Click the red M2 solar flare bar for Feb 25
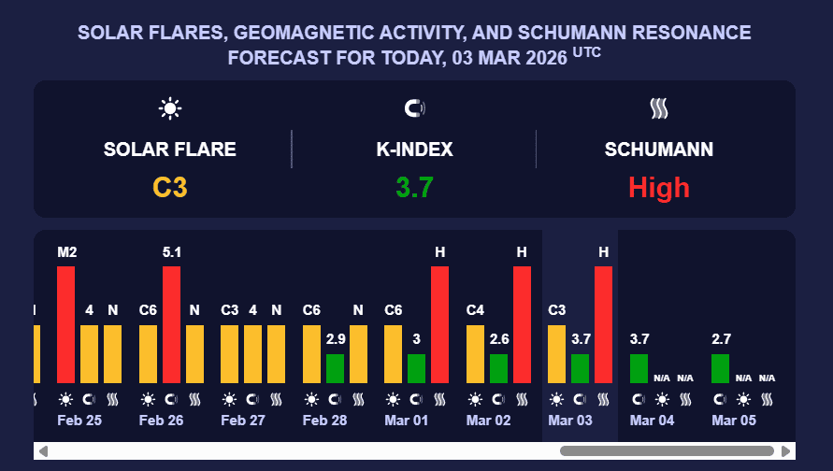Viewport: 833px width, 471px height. tap(65, 324)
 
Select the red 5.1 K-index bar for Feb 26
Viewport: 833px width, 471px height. tap(171, 324)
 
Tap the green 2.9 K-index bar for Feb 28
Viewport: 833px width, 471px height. tap(335, 368)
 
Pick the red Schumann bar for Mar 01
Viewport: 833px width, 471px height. tap(439, 324)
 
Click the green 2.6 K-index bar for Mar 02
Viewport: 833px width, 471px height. tap(498, 368)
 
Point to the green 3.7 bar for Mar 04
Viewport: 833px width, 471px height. tap(639, 368)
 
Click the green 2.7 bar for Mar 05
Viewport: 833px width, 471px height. tap(720, 368)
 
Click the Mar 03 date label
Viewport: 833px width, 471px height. tap(570, 421)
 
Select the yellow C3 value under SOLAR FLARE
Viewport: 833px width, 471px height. tap(170, 188)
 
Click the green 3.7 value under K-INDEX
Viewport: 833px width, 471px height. tap(414, 188)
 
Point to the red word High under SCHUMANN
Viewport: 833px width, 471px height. tap(659, 188)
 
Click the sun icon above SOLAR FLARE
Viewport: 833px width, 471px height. tap(169, 108)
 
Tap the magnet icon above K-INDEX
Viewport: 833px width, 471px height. tap(414, 108)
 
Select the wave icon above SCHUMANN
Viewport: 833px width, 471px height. tap(659, 108)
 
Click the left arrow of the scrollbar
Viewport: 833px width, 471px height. tap(43, 451)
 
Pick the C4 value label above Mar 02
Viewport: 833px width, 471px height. tap(475, 310)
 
